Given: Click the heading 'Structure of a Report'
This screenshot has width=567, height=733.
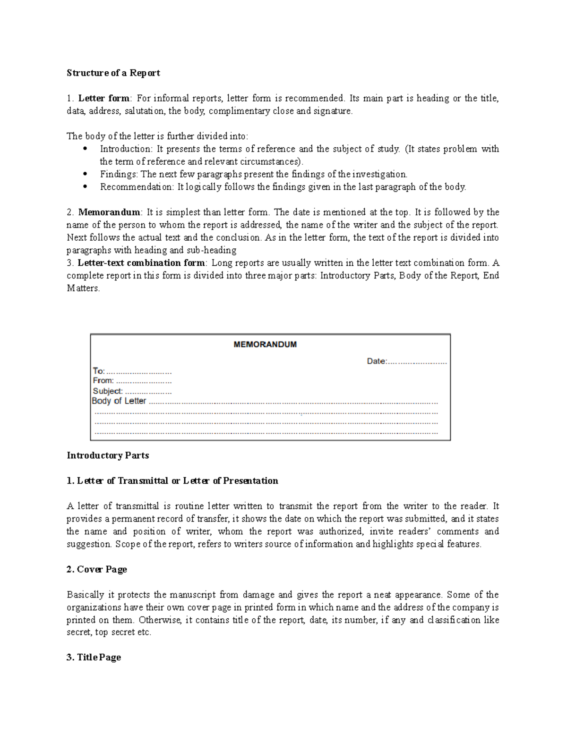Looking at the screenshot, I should pos(113,73).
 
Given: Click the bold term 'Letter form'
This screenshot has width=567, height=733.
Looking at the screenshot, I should pos(103,98).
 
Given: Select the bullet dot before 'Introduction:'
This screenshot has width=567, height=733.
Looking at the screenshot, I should pos(85,149).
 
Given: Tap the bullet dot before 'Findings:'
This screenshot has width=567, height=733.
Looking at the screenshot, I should pos(85,174).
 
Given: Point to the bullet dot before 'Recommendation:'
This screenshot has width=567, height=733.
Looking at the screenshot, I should pos(85,187).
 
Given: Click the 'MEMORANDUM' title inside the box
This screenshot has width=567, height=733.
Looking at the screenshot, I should pos(265,345).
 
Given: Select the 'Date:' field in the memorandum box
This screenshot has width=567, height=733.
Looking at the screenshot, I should pos(377,362).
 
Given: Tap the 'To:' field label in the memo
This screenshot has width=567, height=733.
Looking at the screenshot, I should pos(98,371).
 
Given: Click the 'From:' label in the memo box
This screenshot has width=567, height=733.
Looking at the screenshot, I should pos(103,381).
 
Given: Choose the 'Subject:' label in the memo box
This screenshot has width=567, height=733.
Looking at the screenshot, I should pos(108,391).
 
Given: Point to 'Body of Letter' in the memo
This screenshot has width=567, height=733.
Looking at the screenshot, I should pos(119,401).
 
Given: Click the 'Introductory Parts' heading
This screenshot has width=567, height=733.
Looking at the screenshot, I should pos(108,455).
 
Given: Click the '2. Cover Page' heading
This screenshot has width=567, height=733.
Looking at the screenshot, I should pos(97,569).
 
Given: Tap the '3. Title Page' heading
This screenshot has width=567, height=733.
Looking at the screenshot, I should pos(94,657).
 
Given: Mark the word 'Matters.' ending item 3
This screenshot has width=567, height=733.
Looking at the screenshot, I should pos(83,288).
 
